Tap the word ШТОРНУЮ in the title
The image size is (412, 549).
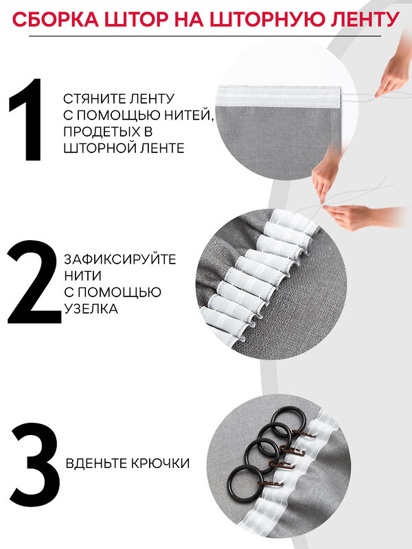280,19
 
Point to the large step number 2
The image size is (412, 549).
33,282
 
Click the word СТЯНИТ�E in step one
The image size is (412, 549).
91,99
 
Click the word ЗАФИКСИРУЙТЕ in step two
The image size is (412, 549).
119,259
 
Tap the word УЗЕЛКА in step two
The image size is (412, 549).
91,308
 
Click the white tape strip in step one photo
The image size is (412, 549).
279,97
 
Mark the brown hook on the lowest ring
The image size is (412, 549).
271,484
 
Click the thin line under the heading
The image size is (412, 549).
205,36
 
